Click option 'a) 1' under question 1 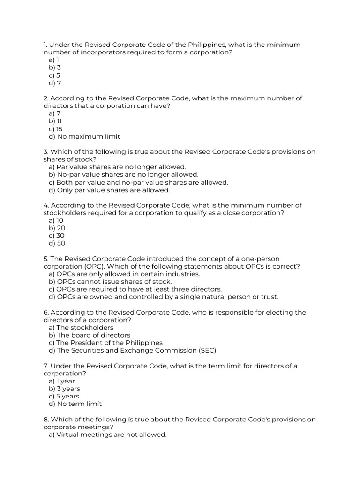click(x=54, y=60)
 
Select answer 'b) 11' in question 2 click(x=55, y=121)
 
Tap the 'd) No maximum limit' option click(x=84, y=136)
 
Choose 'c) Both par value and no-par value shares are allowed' click(x=138, y=182)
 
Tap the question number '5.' click(x=46, y=259)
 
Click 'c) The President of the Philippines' click(x=105, y=343)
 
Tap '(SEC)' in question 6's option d click(x=207, y=350)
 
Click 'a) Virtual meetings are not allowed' click(x=107, y=435)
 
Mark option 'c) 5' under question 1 click(x=54, y=75)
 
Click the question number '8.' click(x=46, y=419)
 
